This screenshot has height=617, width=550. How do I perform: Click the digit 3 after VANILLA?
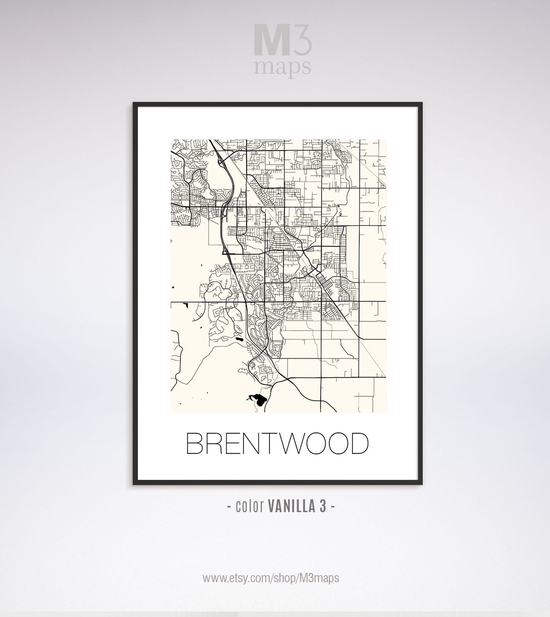point(322,507)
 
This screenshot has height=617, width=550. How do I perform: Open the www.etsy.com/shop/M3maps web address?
point(271,578)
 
